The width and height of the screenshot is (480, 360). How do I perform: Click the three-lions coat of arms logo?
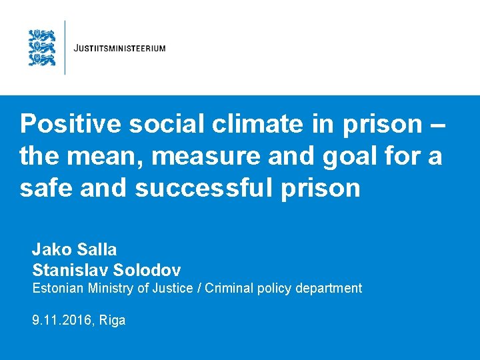[x=42, y=47]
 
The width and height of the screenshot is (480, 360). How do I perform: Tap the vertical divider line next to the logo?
[x=65, y=47]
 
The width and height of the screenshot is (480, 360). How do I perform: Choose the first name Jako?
[x=50, y=250]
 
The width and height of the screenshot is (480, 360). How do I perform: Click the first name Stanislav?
[x=69, y=270]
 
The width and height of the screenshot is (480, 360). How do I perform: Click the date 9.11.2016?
[x=62, y=321]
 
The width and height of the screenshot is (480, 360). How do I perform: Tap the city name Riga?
[x=112, y=321]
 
